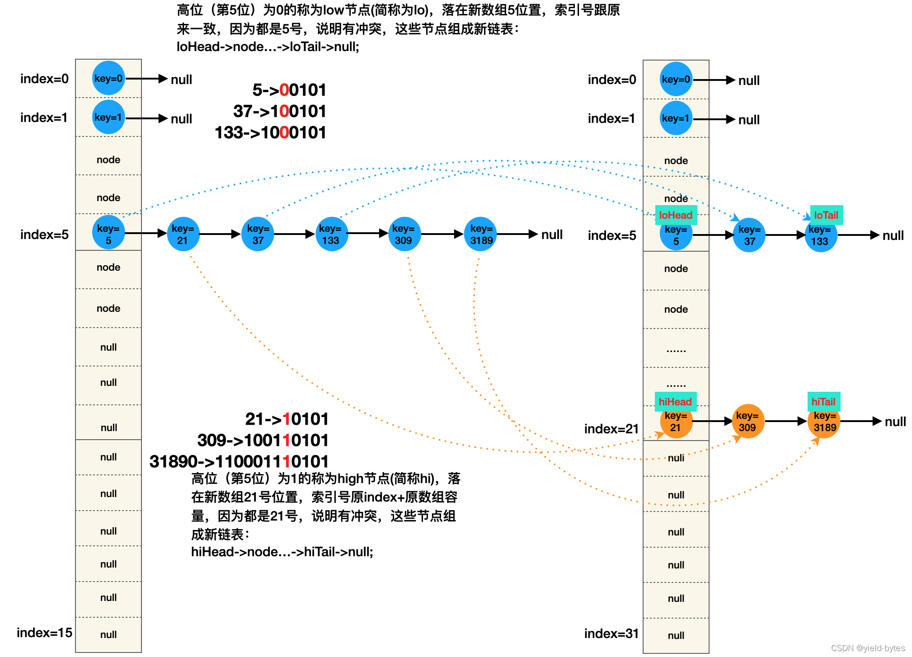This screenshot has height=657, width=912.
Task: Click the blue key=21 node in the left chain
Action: (183, 234)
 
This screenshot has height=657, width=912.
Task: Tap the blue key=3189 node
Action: (481, 234)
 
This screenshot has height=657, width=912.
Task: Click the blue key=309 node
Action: (404, 234)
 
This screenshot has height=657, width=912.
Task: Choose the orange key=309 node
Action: (747, 421)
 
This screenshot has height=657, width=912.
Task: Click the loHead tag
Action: (676, 215)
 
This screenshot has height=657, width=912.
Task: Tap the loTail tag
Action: (826, 215)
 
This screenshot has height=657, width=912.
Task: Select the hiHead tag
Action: (675, 402)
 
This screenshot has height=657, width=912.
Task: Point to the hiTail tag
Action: (823, 402)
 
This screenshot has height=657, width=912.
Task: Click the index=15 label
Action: (44, 633)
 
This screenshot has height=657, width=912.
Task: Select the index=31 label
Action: (611, 634)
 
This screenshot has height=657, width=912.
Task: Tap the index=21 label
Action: (611, 429)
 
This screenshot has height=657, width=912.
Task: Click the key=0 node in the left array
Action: (108, 78)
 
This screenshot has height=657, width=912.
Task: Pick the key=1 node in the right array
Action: (676, 118)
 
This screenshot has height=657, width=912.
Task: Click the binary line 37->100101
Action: (279, 111)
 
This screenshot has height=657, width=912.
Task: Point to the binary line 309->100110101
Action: (263, 440)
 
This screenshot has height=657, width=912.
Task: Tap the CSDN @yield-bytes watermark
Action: (868, 648)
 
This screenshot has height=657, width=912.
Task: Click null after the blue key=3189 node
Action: (552, 235)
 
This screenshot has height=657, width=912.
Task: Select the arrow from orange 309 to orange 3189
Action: (785, 421)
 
